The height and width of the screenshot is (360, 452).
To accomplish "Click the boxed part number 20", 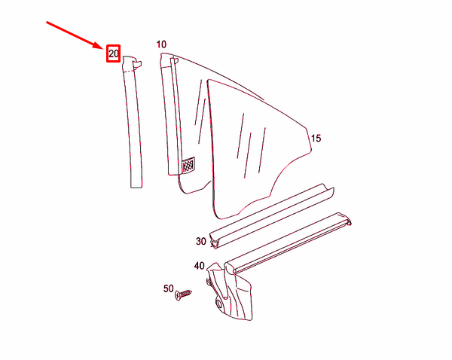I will coord(113,53).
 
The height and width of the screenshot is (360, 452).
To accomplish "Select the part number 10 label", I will coord(161,44).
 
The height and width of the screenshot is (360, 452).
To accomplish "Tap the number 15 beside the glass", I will coord(316,138).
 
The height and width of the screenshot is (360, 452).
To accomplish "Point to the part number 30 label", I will coord(200,241).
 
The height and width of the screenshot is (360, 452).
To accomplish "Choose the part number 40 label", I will coord(199,266).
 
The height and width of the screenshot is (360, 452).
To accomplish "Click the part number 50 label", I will coord(168,288).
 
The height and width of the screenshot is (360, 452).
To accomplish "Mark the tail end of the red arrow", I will coord(47,22).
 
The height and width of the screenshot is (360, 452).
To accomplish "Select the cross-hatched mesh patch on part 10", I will coord(188,164).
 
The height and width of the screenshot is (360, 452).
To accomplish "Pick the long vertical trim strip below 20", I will coord(131,121).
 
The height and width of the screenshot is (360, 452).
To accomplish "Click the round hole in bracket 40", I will coord(219,304).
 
